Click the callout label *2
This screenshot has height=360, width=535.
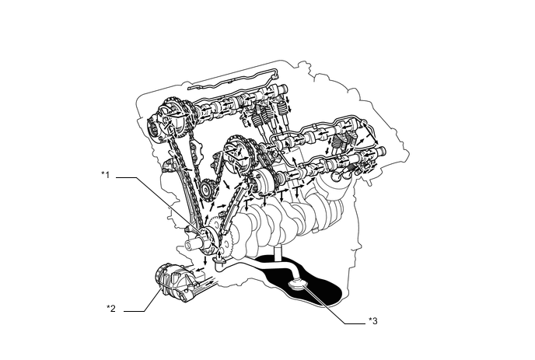click(110, 308)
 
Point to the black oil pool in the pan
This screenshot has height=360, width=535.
click(319, 292)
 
